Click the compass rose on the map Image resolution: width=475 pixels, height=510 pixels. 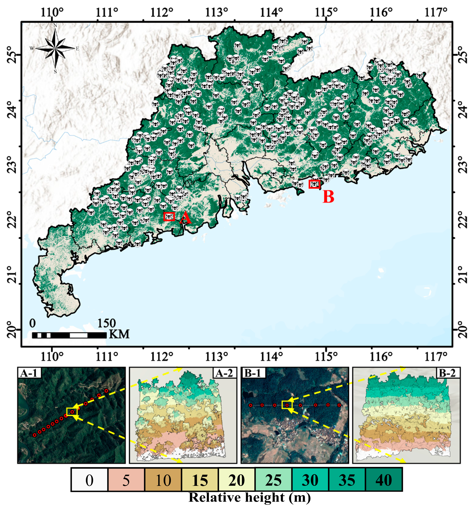55,48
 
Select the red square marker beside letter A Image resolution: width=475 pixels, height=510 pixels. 169,216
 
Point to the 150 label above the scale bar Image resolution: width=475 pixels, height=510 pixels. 106,323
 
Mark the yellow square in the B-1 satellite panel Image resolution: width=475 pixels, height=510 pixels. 286,405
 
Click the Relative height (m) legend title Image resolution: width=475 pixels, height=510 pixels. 250,497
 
